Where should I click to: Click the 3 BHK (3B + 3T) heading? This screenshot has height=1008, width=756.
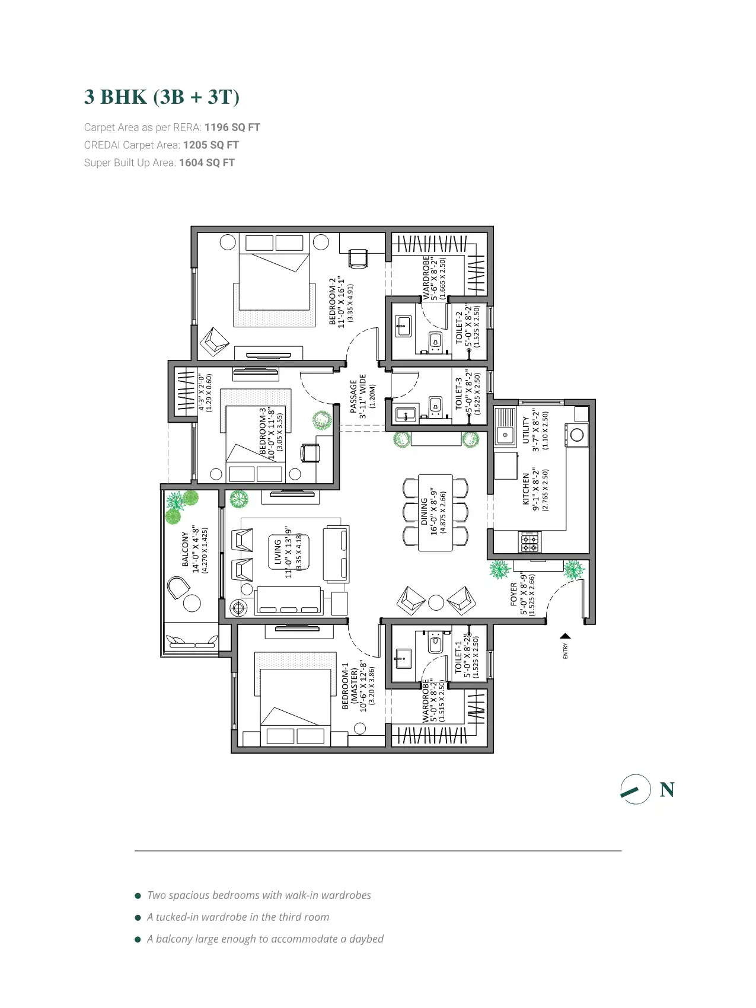(161, 97)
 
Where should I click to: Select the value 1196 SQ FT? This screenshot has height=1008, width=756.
(232, 127)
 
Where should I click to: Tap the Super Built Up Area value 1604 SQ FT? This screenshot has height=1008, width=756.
(206, 163)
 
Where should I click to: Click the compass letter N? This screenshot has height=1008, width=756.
(667, 790)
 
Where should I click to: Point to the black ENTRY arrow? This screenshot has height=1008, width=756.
(565, 637)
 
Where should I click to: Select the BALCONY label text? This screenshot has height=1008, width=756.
(186, 549)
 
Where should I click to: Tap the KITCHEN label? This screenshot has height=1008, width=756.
(526, 489)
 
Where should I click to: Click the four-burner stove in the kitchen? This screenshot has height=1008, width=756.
(529, 542)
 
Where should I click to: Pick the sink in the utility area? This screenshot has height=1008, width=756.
(505, 427)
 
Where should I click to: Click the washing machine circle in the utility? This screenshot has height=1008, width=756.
(577, 435)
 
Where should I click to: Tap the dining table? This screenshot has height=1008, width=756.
(435, 512)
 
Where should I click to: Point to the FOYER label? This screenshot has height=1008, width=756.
(514, 594)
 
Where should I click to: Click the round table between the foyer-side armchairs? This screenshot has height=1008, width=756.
(436, 602)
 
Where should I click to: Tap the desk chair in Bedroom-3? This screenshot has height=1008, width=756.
(310, 452)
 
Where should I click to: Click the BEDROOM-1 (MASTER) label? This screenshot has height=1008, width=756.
(346, 685)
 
